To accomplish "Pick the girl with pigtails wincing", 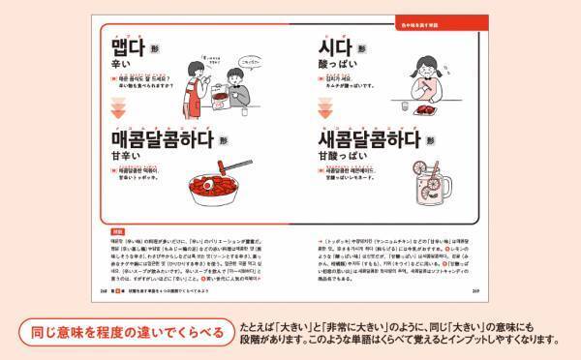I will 427,75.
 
